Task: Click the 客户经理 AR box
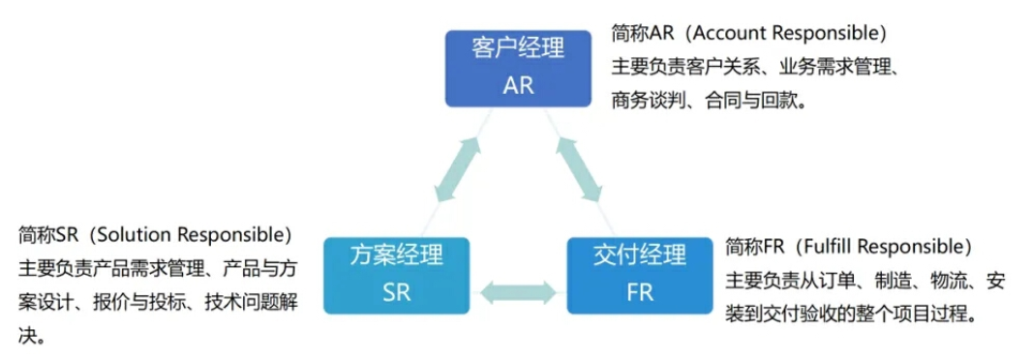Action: (x=519, y=67)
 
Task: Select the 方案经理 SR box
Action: (x=396, y=274)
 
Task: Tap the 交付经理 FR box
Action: (x=640, y=274)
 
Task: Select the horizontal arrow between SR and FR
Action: (x=518, y=288)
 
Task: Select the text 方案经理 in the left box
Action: (x=396, y=255)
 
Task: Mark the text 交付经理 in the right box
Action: (x=640, y=255)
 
